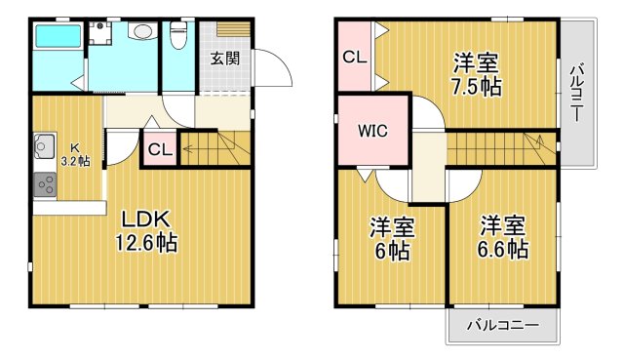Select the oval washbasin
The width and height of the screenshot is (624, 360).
[x=141, y=32]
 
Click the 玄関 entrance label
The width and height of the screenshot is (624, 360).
[x=224, y=58]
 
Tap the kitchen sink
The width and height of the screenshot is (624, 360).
[x=44, y=149]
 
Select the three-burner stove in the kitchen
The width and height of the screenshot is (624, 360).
[x=45, y=181]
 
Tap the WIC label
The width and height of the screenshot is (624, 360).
[x=373, y=129]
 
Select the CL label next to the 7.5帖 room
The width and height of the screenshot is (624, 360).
[x=354, y=57]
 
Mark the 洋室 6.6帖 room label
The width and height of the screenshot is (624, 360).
[x=503, y=237]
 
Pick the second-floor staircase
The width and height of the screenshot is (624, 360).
[x=497, y=147]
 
